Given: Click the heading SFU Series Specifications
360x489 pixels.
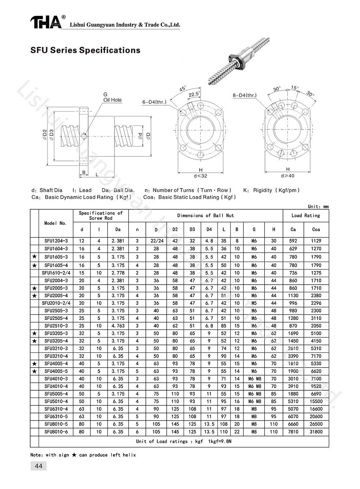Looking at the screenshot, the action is tap(85, 50).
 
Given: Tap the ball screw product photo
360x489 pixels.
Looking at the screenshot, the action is tap(239, 61).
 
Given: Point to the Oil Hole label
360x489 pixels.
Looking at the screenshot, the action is tap(112, 100).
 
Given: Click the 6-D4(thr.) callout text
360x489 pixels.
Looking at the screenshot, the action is tap(154, 102).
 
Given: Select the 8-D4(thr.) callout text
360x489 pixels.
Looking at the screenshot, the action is tap(245, 95).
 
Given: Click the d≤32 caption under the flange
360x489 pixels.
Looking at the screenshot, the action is tap(201, 176).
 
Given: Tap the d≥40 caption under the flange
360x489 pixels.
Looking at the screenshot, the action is tap(288, 176).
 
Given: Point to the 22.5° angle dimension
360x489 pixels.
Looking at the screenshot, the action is tap(194, 94).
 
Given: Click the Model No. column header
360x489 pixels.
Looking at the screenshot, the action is tap(55, 223).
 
